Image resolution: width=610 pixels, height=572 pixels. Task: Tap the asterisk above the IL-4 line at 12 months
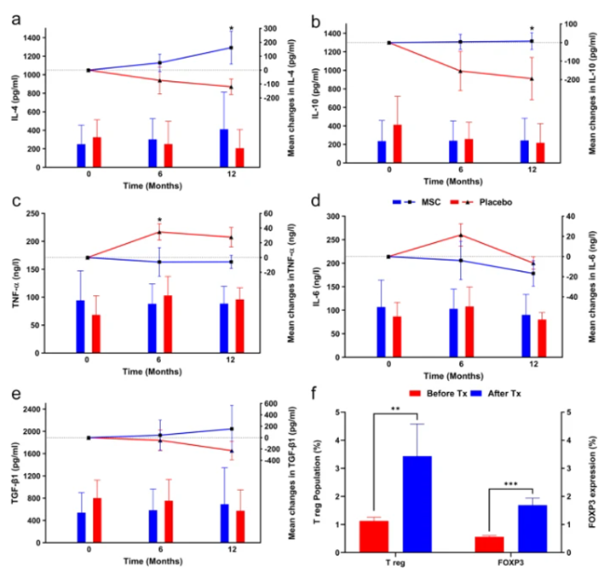pyautogui.click(x=231, y=28)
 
